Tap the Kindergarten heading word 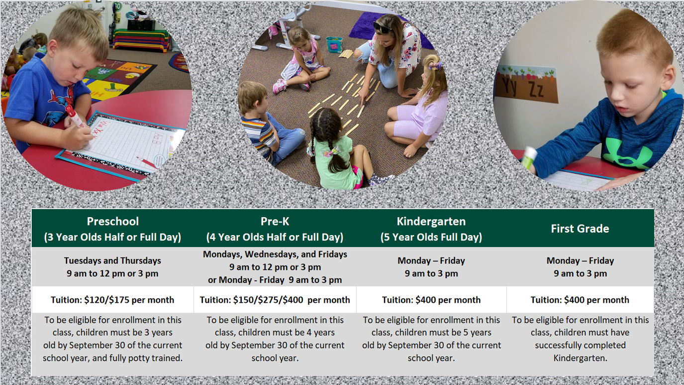click(431, 222)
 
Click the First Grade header click(580, 229)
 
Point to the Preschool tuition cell click(112, 300)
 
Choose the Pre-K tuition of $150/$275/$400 click(275, 300)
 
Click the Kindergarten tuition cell click(431, 300)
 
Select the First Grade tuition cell click(580, 300)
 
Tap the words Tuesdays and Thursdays click(112, 260)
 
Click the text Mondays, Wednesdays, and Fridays click(275, 255)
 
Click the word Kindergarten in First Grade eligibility click(580, 358)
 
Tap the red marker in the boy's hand click(74, 116)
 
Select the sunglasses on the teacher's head click(382, 28)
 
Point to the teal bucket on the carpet click(335, 45)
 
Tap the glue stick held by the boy click(529, 158)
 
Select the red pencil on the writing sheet click(147, 162)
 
